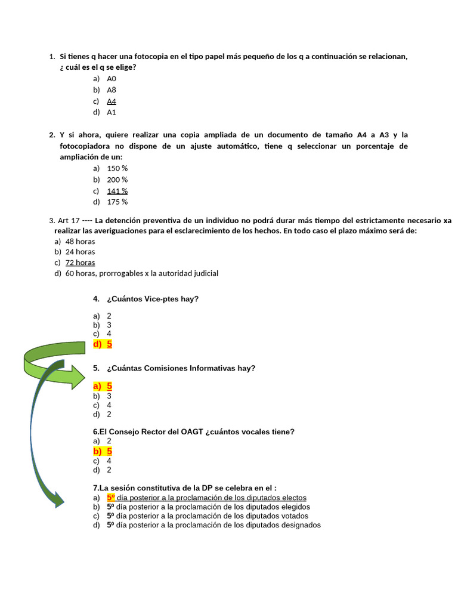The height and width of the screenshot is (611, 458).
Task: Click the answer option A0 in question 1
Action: [x=112, y=79]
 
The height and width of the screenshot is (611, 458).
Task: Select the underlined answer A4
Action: [x=112, y=101]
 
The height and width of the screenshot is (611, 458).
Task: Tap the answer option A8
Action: [x=112, y=90]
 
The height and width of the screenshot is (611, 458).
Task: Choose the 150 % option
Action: [x=117, y=168]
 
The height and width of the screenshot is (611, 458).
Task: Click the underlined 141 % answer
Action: [x=117, y=191]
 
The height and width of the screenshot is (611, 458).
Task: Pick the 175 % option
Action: [x=117, y=202]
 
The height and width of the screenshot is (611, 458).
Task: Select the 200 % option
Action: [x=117, y=180]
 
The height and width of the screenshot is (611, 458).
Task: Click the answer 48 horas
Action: [x=80, y=242]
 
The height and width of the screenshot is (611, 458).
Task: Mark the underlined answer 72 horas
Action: [x=80, y=263]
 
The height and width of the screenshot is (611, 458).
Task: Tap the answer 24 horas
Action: [x=80, y=252]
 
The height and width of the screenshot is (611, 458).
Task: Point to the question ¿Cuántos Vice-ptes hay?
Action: [x=153, y=299]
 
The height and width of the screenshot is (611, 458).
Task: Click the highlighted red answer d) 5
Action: [x=103, y=344]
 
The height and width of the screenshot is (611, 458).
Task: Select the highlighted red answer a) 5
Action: [x=103, y=386]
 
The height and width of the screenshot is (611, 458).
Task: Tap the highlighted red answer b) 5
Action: [x=103, y=451]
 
